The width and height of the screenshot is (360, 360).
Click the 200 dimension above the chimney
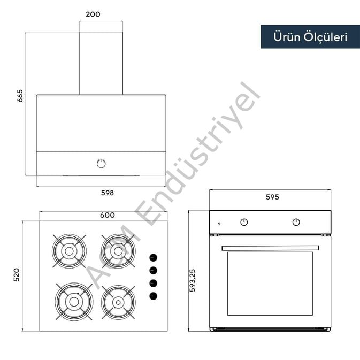click(x=93, y=14)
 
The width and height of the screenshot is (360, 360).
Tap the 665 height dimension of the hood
click(x=20, y=96)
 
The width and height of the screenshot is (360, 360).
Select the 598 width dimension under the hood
click(x=108, y=193)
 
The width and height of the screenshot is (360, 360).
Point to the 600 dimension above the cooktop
click(x=108, y=215)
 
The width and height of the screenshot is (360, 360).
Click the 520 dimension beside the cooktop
click(x=17, y=274)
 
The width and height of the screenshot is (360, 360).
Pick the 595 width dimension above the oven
click(x=272, y=197)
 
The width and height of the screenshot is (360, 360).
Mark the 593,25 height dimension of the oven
click(x=193, y=280)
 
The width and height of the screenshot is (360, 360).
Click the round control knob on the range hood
click(x=101, y=164)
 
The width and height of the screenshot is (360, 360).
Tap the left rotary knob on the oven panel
click(x=244, y=222)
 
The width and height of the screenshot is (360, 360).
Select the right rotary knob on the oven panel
click(x=296, y=222)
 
